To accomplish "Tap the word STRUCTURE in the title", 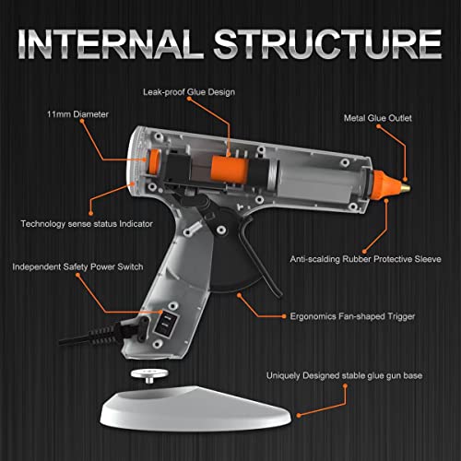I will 333,44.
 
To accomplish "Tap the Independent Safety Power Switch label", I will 77,267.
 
